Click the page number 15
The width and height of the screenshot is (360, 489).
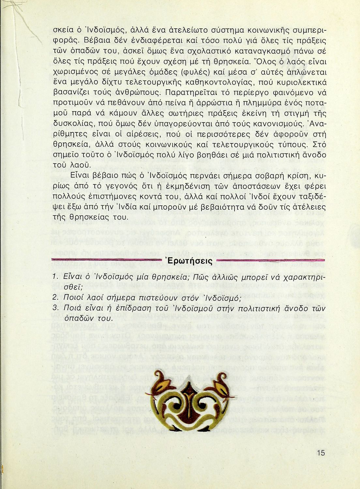pos(321,453)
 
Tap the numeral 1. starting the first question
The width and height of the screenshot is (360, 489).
pos(55,277)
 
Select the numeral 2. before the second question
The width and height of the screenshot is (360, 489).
pos(55,298)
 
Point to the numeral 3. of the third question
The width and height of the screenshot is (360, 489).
pos(55,309)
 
